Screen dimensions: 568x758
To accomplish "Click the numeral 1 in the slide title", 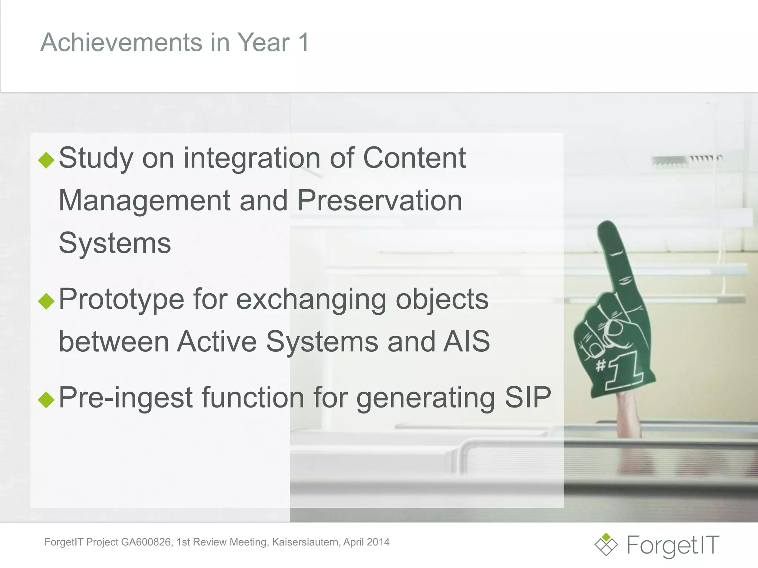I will pyautogui.click(x=303, y=42).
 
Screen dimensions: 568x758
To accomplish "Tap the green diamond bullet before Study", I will pyautogui.click(x=46, y=160).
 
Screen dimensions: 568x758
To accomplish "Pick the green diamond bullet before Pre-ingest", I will pyautogui.click(x=46, y=399).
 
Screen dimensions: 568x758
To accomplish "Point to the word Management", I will pyautogui.click(x=144, y=201).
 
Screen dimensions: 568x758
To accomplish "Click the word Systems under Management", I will pyautogui.click(x=115, y=243).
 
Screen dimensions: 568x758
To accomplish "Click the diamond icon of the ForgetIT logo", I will pyautogui.click(x=606, y=544).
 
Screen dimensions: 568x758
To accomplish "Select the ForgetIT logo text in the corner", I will pyautogui.click(x=673, y=545).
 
